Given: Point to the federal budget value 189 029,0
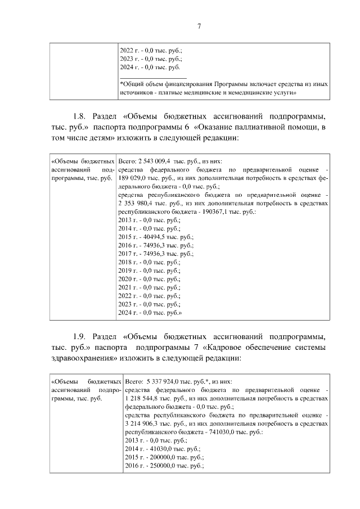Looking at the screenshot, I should (133, 178).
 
